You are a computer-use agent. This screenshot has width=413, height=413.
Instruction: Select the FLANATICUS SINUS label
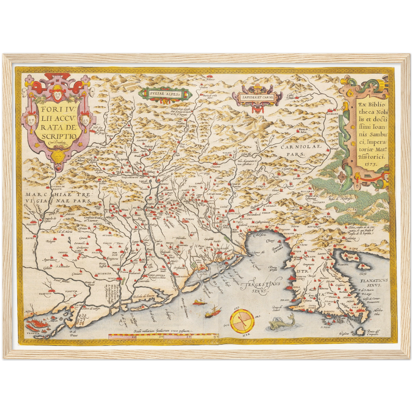tap(374, 283)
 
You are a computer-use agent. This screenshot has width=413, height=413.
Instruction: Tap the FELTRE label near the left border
tap(32, 225)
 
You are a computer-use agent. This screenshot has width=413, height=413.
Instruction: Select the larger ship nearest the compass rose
tap(211, 312)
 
